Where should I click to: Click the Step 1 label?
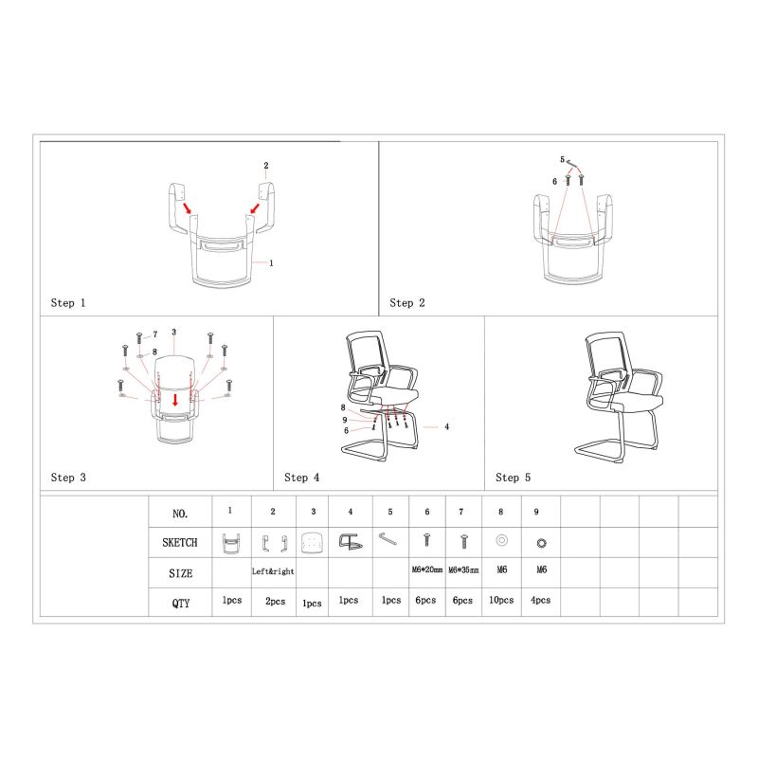tap(68, 303)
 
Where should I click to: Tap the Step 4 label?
tap(301, 478)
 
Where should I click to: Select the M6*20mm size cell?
tap(427, 570)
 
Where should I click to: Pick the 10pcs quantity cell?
tap(501, 600)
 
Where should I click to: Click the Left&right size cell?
tap(273, 571)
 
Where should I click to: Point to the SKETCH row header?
tap(180, 542)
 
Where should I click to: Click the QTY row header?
tap(180, 604)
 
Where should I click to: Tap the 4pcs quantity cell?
tap(540, 600)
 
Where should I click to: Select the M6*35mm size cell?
tap(463, 570)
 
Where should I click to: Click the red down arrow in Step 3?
tap(175, 400)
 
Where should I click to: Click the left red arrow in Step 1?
tap(188, 208)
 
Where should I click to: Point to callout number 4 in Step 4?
tap(446, 427)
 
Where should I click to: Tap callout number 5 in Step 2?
tap(562, 159)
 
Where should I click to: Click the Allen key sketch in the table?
tap(388, 538)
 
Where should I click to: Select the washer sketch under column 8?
tap(502, 540)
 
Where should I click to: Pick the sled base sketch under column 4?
tap(350, 541)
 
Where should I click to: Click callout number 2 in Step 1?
tap(266, 165)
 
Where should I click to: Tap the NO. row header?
tap(180, 514)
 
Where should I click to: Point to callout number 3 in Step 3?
tap(174, 333)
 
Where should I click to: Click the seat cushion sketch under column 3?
tap(312, 542)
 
